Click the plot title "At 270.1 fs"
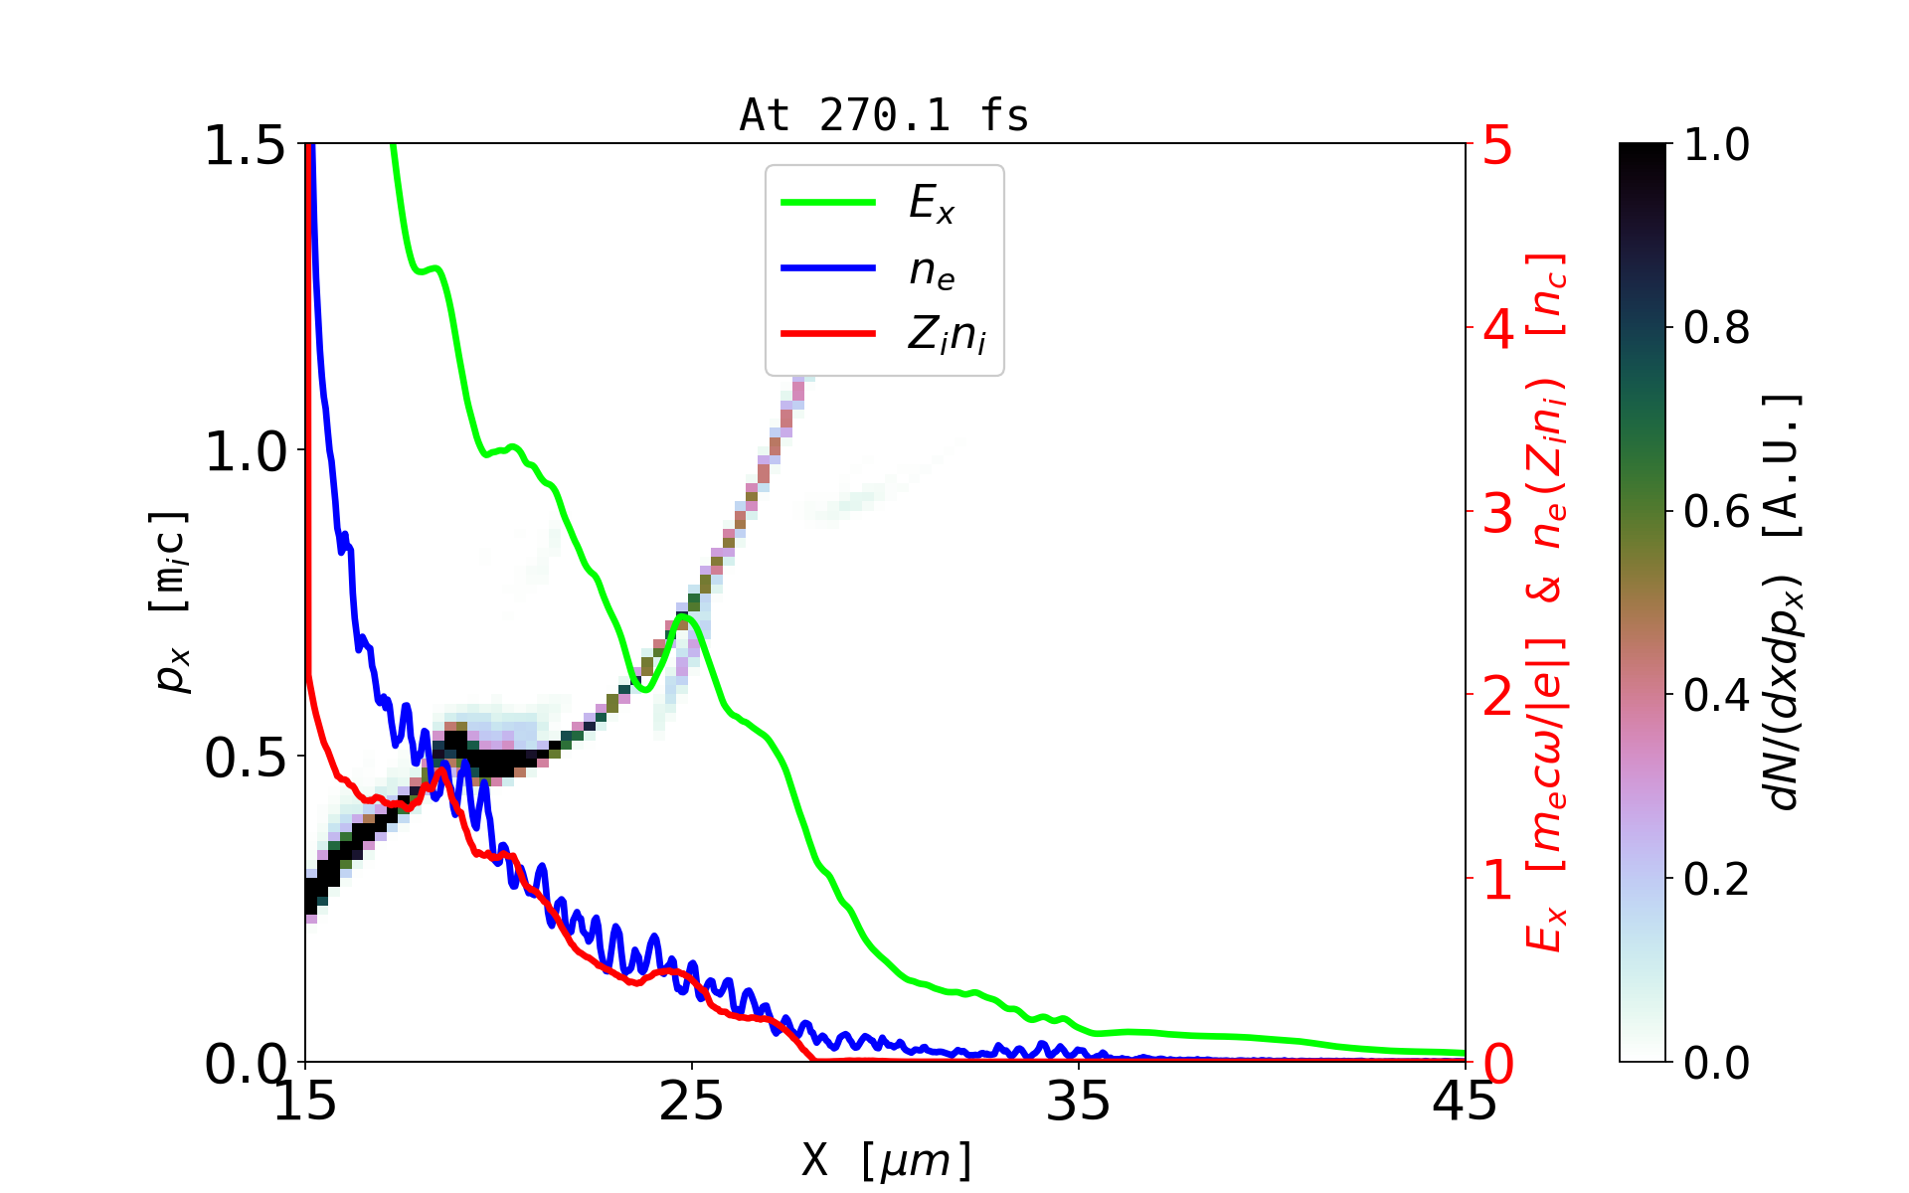pyautogui.click(x=884, y=116)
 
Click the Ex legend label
pyautogui.click(x=932, y=204)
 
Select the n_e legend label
pyautogui.click(x=932, y=270)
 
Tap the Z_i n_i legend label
pyautogui.click(x=947, y=335)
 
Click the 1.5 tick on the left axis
pyautogui.click(x=245, y=146)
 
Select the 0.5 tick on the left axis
pyautogui.click(x=245, y=759)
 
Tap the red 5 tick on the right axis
pyautogui.click(x=1497, y=146)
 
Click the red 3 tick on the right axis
pyautogui.click(x=1497, y=513)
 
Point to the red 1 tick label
pyautogui.click(x=1497, y=881)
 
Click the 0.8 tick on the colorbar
pyautogui.click(x=1716, y=327)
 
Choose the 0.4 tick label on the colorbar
pyautogui.click(x=1716, y=695)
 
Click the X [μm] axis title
pyautogui.click(x=887, y=1159)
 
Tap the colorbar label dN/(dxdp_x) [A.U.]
pyautogui.click(x=1785, y=601)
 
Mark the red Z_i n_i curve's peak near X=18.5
pyautogui.click(x=442, y=769)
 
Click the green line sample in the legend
pyautogui.click(x=828, y=203)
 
